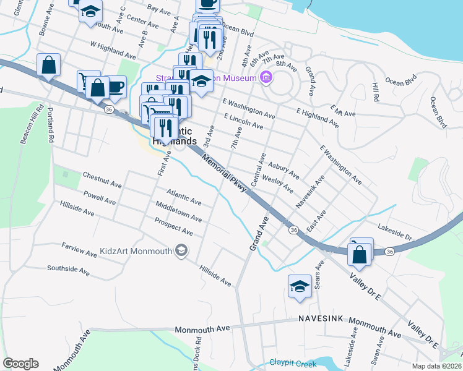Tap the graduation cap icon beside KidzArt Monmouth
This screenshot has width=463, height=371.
pos(181,250)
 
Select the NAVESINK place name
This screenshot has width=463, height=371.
pos(321,318)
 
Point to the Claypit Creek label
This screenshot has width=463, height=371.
pos(293,364)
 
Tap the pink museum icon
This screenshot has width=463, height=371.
pos(267,78)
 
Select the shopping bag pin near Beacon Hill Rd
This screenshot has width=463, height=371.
pos(48,65)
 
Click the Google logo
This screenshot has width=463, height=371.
pos(21,364)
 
